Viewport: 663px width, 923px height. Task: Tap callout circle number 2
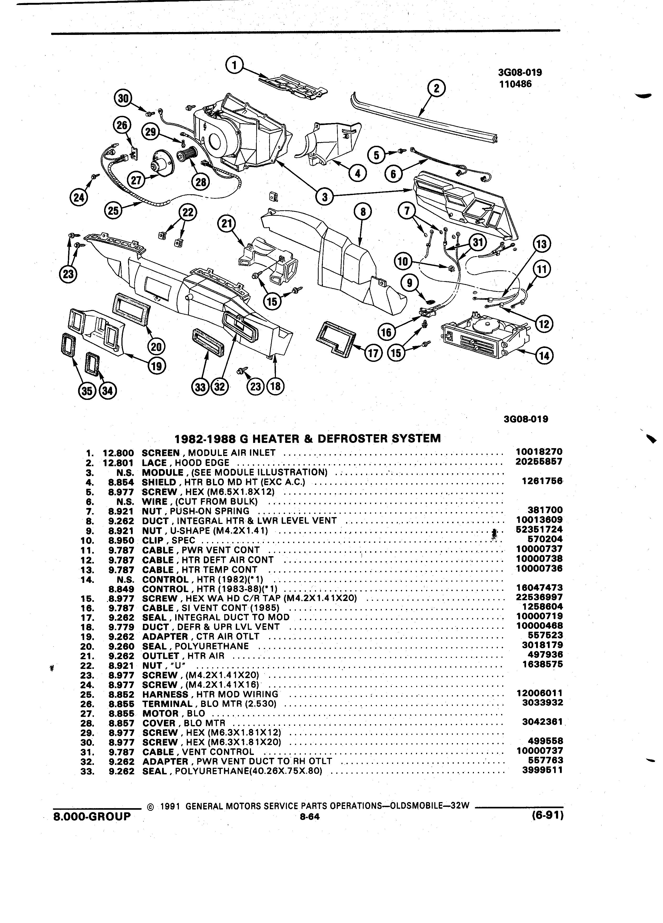pyautogui.click(x=437, y=88)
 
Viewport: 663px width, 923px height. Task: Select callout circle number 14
pyautogui.click(x=544, y=356)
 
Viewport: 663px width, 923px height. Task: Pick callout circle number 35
pyautogui.click(x=86, y=391)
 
